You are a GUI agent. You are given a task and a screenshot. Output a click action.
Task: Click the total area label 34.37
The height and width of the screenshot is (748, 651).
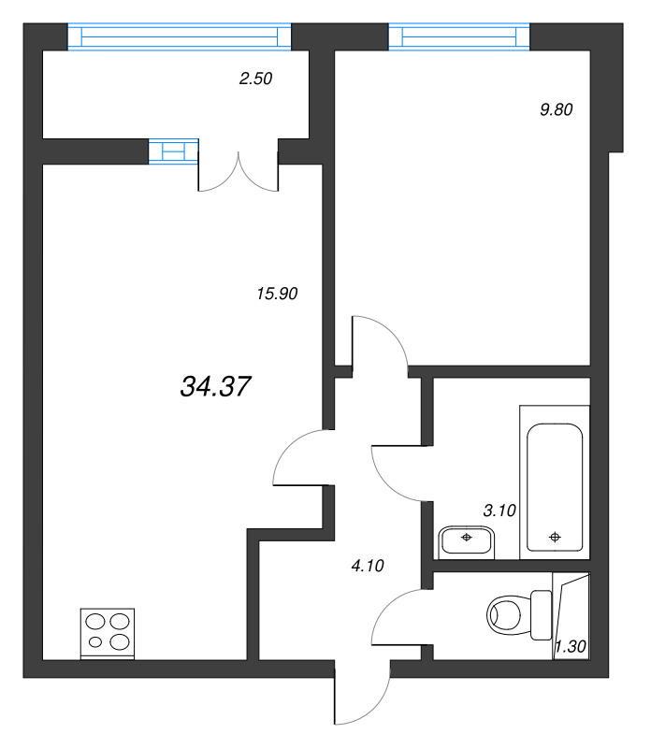coord(215,385)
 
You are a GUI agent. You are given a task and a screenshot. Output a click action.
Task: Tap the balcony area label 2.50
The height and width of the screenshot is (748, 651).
coord(255,79)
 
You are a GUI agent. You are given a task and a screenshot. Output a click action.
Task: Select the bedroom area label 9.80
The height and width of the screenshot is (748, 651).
coord(556,108)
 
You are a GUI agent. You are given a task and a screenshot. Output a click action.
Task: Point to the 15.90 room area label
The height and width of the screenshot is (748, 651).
coord(276,293)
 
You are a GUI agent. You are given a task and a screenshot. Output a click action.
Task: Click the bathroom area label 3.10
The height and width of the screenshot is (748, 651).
coord(498,511)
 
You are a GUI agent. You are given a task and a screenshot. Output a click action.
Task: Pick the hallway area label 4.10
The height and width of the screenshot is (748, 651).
coord(366,565)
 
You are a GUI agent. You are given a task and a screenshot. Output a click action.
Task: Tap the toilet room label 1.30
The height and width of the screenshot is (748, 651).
coord(570,646)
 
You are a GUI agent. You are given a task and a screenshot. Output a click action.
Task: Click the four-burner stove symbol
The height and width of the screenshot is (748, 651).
coord(108,632)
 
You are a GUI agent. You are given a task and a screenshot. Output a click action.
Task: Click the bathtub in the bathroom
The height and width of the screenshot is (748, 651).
coord(555,485)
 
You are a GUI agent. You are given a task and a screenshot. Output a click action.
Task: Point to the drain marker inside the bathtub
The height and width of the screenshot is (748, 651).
coord(556,537)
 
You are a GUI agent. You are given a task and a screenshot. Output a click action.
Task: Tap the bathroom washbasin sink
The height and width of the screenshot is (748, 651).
coord(466,539)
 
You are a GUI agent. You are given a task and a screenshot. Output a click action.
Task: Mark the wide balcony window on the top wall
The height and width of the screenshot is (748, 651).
coord(180,36)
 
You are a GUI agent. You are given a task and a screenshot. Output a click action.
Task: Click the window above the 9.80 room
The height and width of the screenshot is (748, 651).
coord(460,36)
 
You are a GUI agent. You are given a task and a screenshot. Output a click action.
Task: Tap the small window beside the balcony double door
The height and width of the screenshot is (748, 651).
coord(174,151)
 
